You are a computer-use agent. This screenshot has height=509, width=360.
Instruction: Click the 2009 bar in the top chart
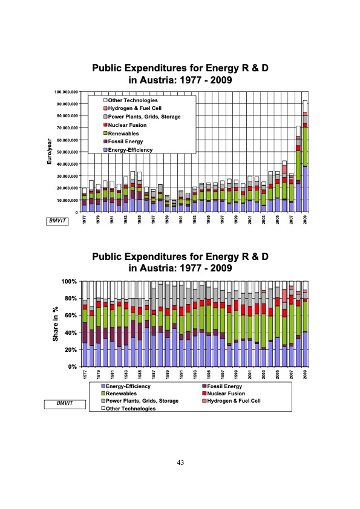point(305,157)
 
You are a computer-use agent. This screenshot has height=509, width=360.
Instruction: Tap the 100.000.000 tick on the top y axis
point(67,92)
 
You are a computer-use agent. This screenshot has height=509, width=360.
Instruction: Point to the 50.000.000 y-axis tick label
point(68,152)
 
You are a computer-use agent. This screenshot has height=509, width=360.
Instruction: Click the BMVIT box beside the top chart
point(59,221)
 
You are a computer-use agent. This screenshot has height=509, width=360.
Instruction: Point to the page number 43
point(180,462)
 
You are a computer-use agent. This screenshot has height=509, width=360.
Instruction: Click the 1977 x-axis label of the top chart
point(84,220)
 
